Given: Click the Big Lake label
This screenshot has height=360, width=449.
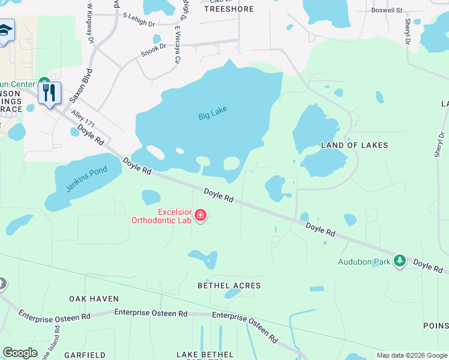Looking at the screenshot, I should (x=212, y=113).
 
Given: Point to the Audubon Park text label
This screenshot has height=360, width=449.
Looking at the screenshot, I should (x=364, y=262).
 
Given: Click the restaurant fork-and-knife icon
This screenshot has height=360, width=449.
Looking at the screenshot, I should (x=49, y=92).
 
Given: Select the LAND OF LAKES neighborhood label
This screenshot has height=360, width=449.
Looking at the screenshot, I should (x=354, y=145).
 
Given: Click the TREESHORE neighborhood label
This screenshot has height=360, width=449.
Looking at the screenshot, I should (x=229, y=9).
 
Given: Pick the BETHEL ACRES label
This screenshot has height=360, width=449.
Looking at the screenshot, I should (x=229, y=286).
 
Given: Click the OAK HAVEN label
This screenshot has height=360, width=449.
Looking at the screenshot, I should (x=94, y=298).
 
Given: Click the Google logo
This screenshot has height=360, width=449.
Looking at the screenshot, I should (x=20, y=353).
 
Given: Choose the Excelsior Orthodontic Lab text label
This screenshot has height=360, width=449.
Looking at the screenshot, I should (x=162, y=216).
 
